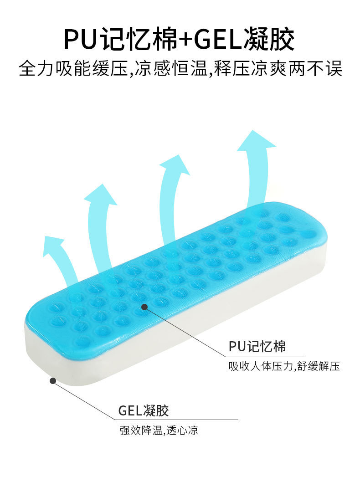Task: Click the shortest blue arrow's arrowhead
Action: (53, 244)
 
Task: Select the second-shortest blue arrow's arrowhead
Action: (100, 195)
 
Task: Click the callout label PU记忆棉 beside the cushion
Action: (257, 347)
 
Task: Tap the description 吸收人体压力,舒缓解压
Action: (284, 366)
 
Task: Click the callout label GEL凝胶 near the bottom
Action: (144, 410)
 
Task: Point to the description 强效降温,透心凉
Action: (159, 430)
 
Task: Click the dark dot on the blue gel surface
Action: (144, 307)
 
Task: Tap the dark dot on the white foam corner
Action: (53, 380)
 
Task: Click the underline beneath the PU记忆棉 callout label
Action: (266, 356)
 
